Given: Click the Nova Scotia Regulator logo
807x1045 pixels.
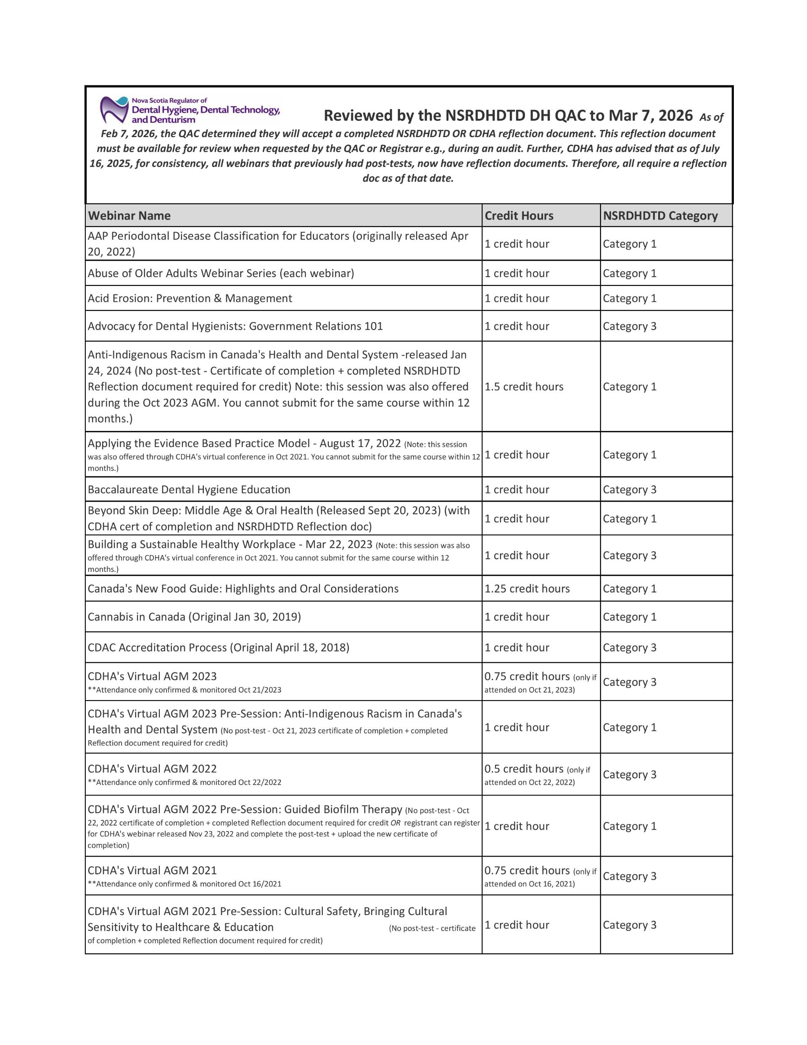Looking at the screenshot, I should tap(190, 110).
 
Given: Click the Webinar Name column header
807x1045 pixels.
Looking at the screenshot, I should tap(129, 216).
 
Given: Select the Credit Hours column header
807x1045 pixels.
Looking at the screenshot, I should tap(519, 216).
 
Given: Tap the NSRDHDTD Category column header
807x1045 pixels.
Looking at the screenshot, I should tap(660, 216).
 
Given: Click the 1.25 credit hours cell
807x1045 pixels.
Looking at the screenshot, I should tap(527, 589).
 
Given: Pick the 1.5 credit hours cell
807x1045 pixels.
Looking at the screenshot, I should tap(524, 386).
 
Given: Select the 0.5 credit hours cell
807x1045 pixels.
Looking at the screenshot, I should tap(524, 769).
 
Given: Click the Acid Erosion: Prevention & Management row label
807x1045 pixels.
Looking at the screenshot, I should tap(190, 299).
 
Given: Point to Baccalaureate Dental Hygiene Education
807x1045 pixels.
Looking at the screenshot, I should tap(189, 489).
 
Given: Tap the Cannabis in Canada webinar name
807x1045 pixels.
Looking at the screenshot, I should tap(194, 617).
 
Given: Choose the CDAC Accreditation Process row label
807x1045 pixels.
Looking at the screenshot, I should tap(218, 647).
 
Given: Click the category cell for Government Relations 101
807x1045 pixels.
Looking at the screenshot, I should tap(630, 326).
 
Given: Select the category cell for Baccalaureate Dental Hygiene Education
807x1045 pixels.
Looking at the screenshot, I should tap(630, 489).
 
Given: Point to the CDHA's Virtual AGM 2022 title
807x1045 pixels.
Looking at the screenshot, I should tap(152, 769).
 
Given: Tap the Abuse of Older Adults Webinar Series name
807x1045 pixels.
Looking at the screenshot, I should tap(221, 273).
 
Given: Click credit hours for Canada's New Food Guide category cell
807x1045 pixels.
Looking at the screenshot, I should tap(630, 589).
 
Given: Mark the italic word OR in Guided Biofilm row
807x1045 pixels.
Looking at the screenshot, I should tap(395, 823).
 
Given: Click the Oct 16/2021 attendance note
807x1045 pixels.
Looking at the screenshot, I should tap(184, 884).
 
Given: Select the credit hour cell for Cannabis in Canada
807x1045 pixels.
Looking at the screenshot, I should tap(517, 617).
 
